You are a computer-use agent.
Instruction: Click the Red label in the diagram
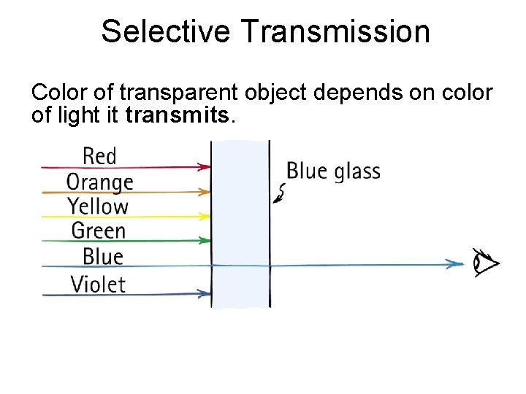point(99,155)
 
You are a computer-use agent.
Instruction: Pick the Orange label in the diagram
point(99,181)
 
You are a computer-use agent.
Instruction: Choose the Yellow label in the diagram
point(98,206)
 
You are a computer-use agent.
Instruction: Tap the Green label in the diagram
point(99,231)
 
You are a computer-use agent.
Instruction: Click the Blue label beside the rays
point(102,256)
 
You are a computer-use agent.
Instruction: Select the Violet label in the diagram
point(98,283)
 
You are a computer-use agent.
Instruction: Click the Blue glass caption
point(333,171)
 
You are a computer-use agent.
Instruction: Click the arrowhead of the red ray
point(205,167)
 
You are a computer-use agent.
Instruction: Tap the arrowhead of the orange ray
point(205,192)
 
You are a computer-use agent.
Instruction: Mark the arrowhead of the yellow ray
point(205,216)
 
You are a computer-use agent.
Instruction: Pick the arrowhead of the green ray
point(205,241)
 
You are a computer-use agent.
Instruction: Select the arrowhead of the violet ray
point(205,294)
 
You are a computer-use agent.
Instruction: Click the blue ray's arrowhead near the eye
point(458,263)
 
